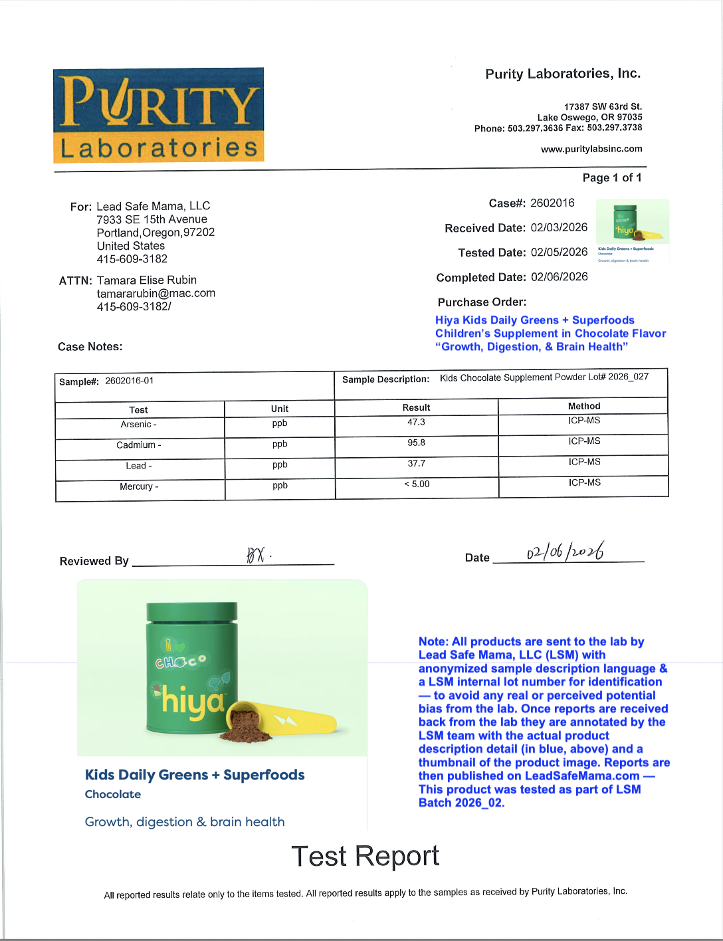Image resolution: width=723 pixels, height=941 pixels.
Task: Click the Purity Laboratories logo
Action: [159, 115]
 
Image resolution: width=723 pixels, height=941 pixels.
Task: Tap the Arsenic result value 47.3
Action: [416, 422]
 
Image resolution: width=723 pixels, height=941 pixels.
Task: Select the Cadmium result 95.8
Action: [416, 443]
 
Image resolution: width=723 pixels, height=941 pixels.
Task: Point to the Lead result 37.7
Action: [416, 463]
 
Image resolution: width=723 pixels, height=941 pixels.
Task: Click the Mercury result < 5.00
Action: [417, 484]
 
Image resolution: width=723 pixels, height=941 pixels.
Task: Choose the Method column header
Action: [584, 406]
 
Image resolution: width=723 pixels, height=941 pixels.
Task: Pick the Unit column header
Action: [280, 409]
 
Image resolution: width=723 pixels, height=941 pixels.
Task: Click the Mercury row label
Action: [139, 486]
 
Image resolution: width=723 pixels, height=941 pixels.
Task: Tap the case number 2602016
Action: [552, 203]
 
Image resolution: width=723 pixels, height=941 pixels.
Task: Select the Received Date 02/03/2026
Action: [559, 227]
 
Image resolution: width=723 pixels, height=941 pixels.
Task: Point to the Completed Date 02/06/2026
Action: [559, 276]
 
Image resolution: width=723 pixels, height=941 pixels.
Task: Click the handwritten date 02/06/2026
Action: [566, 552]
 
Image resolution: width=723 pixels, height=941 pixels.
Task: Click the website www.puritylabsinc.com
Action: [591, 149]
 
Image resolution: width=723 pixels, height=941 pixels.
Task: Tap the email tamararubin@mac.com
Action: [156, 293]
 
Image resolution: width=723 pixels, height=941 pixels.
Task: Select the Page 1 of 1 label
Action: [612, 177]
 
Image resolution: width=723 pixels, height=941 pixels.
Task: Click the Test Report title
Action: [365, 856]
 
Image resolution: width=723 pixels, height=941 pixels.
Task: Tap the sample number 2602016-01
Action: [129, 381]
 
